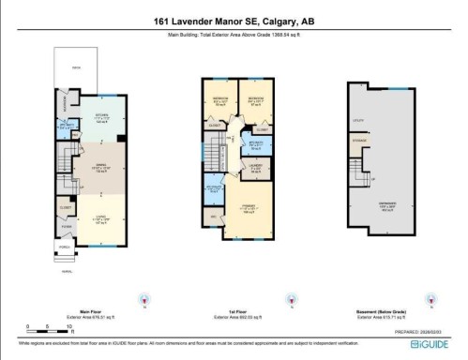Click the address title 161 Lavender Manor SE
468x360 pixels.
[234, 21]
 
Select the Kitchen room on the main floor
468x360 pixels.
[78, 118]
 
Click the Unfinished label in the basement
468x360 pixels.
[386, 203]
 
